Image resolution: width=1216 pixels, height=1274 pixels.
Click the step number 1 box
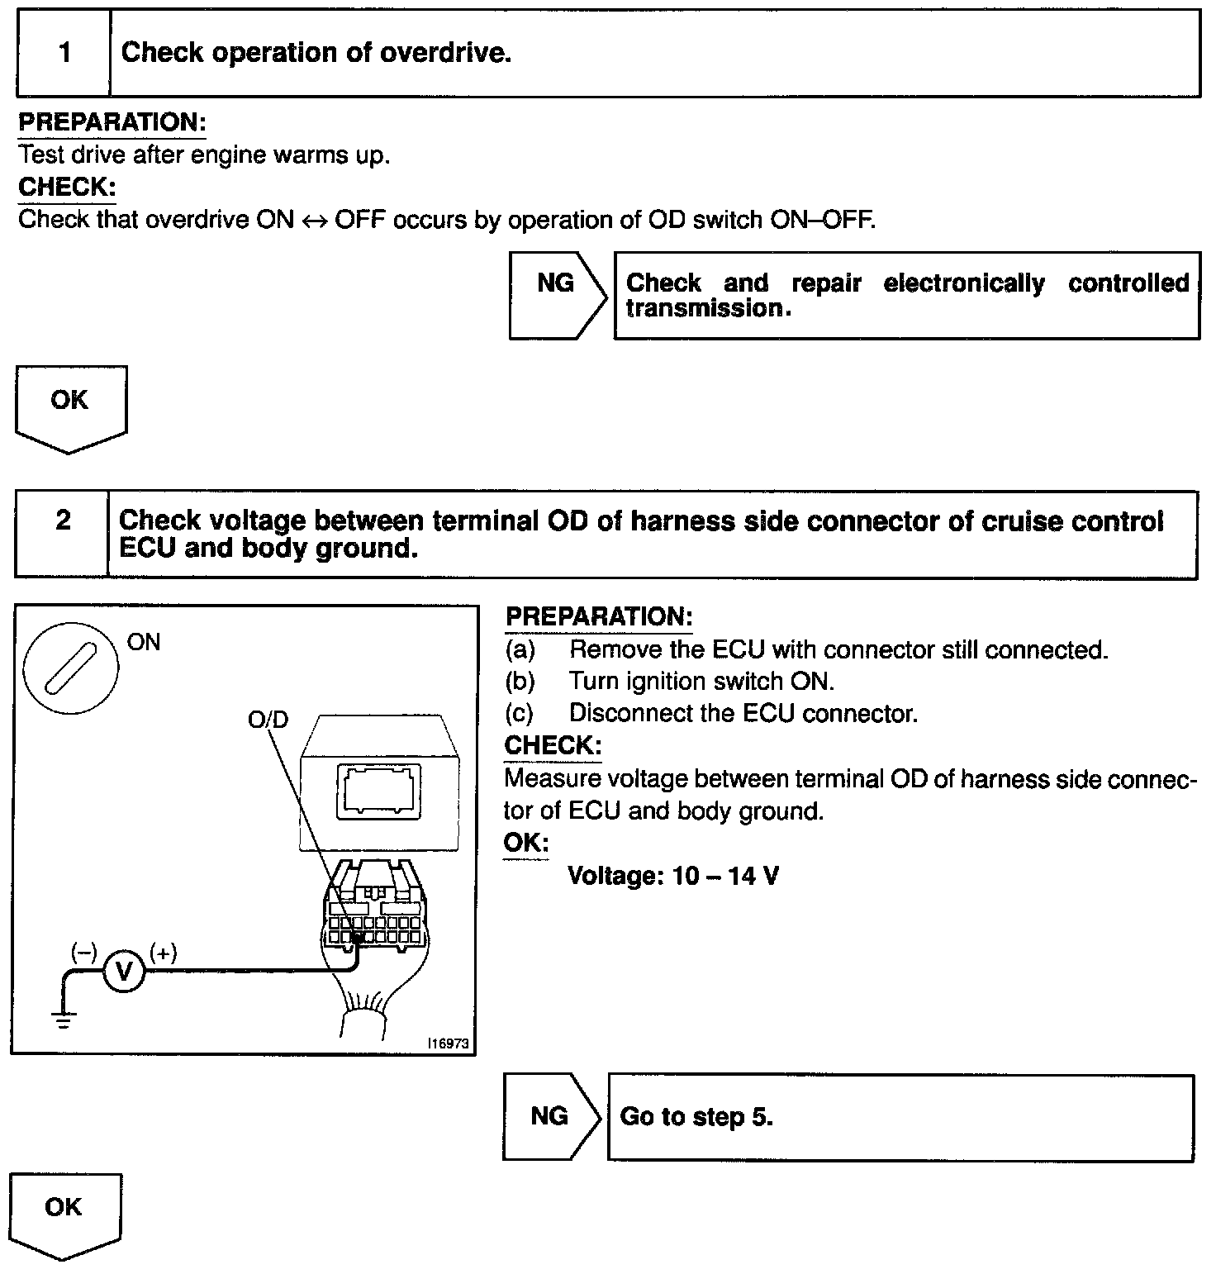64,54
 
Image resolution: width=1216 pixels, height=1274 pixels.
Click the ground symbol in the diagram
64,1018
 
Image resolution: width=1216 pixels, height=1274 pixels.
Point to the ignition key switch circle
70,668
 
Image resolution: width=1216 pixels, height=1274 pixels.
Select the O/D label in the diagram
268,720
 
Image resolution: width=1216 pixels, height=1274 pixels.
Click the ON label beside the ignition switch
144,643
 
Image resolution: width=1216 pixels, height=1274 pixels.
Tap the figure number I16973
449,1043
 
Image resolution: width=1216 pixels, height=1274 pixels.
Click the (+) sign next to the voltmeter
163,953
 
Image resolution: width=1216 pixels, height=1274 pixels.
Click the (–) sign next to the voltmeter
83,953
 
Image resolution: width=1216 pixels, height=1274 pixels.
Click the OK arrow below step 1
69,406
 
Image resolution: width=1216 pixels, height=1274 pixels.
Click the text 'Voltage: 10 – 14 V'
673,876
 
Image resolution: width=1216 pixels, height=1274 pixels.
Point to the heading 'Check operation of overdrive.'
316,53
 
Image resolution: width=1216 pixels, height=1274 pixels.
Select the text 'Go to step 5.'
696,1117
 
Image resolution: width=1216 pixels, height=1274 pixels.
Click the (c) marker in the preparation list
520,713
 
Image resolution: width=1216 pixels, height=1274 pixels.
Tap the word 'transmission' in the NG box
703,309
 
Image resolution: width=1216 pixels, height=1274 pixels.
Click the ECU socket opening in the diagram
379,791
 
